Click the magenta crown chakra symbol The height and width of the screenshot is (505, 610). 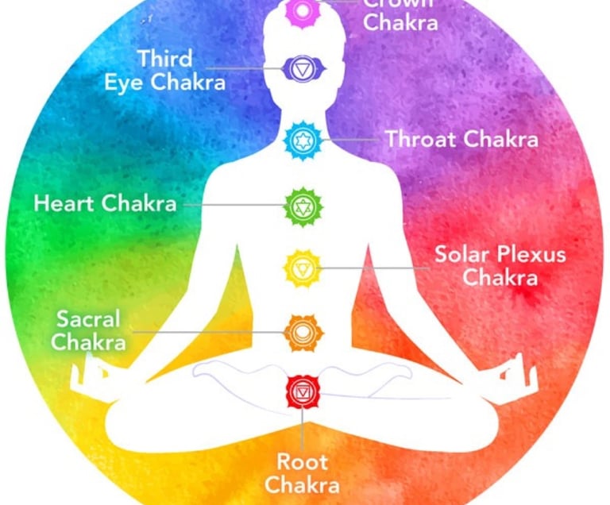point(302,9)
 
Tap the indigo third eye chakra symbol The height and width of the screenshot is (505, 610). point(302,70)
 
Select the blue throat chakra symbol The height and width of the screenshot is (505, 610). point(303,141)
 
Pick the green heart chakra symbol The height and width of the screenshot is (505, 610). point(303,206)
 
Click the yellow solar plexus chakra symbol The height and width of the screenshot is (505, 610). point(303,268)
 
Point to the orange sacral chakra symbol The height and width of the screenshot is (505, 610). point(303,331)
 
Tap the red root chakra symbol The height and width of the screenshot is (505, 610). point(303,392)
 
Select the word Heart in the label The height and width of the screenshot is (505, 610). point(64,203)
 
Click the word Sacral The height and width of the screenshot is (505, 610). point(88,319)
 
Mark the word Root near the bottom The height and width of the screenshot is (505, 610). point(301,461)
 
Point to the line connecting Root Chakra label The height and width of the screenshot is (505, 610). point(302,429)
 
